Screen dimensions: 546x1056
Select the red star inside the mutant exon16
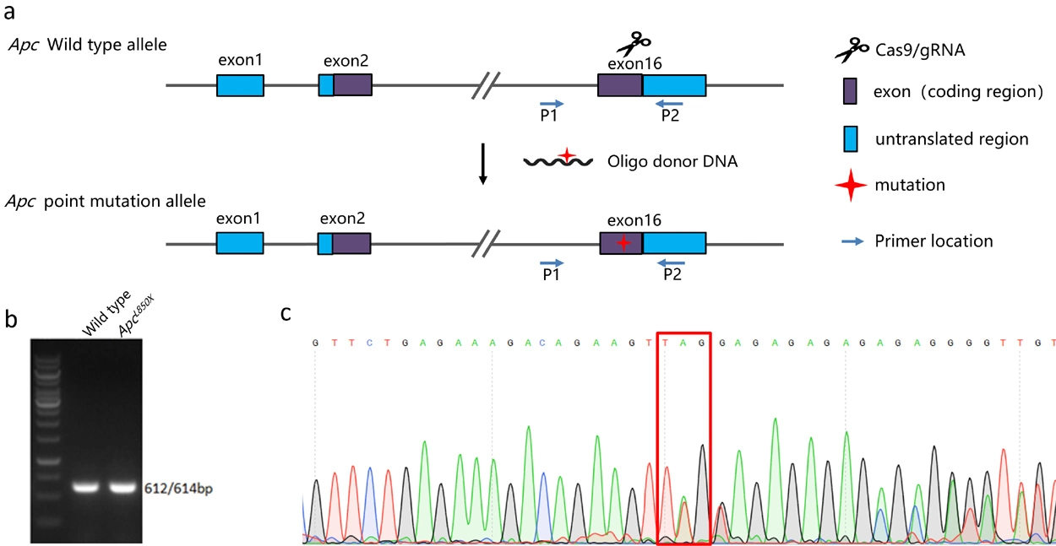pyautogui.click(x=623, y=243)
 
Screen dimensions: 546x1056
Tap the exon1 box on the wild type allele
pyautogui.click(x=240, y=84)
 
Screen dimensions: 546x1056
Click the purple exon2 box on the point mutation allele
pyautogui.click(x=351, y=244)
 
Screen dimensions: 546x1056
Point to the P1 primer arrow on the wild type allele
pyautogui.click(x=551, y=103)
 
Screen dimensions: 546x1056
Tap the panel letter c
pyautogui.click(x=286, y=315)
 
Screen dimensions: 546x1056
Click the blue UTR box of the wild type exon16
pyautogui.click(x=674, y=84)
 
